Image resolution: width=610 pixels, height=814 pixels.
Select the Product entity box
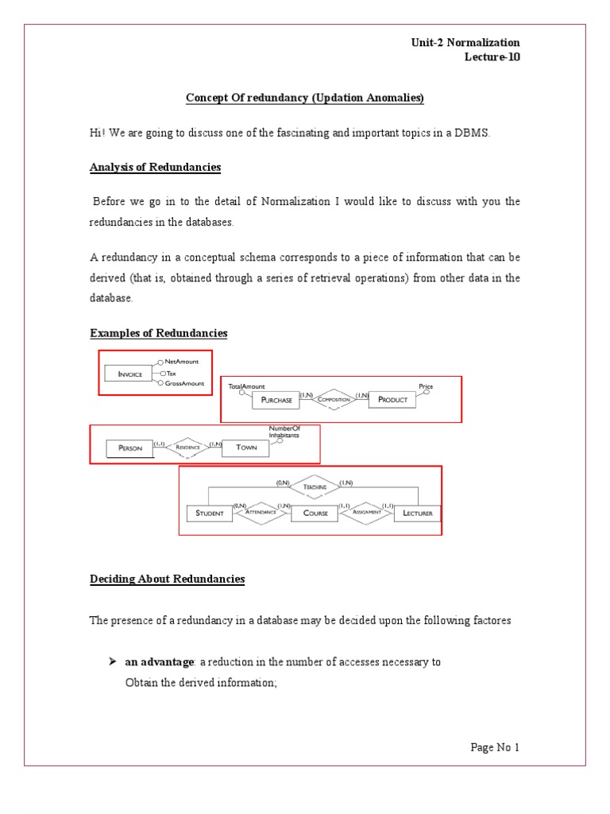click(x=392, y=399)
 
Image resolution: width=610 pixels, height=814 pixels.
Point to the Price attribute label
click(x=427, y=386)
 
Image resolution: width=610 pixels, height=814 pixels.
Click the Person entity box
click(x=129, y=448)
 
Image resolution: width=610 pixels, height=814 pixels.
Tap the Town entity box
click(x=246, y=448)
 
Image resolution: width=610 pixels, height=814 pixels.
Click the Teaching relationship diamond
click(x=314, y=486)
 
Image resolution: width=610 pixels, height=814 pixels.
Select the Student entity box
click(x=210, y=513)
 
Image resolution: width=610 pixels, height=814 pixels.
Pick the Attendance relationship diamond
click(x=261, y=513)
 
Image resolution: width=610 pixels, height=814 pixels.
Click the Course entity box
click(x=315, y=513)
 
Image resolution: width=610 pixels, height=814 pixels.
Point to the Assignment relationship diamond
click(x=367, y=513)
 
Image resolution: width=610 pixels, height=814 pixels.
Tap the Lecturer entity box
click(x=417, y=514)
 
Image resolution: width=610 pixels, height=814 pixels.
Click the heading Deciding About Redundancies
click(x=167, y=579)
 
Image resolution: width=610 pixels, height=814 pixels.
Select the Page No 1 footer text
click(x=494, y=747)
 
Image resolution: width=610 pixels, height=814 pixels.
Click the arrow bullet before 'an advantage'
click(x=114, y=661)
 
